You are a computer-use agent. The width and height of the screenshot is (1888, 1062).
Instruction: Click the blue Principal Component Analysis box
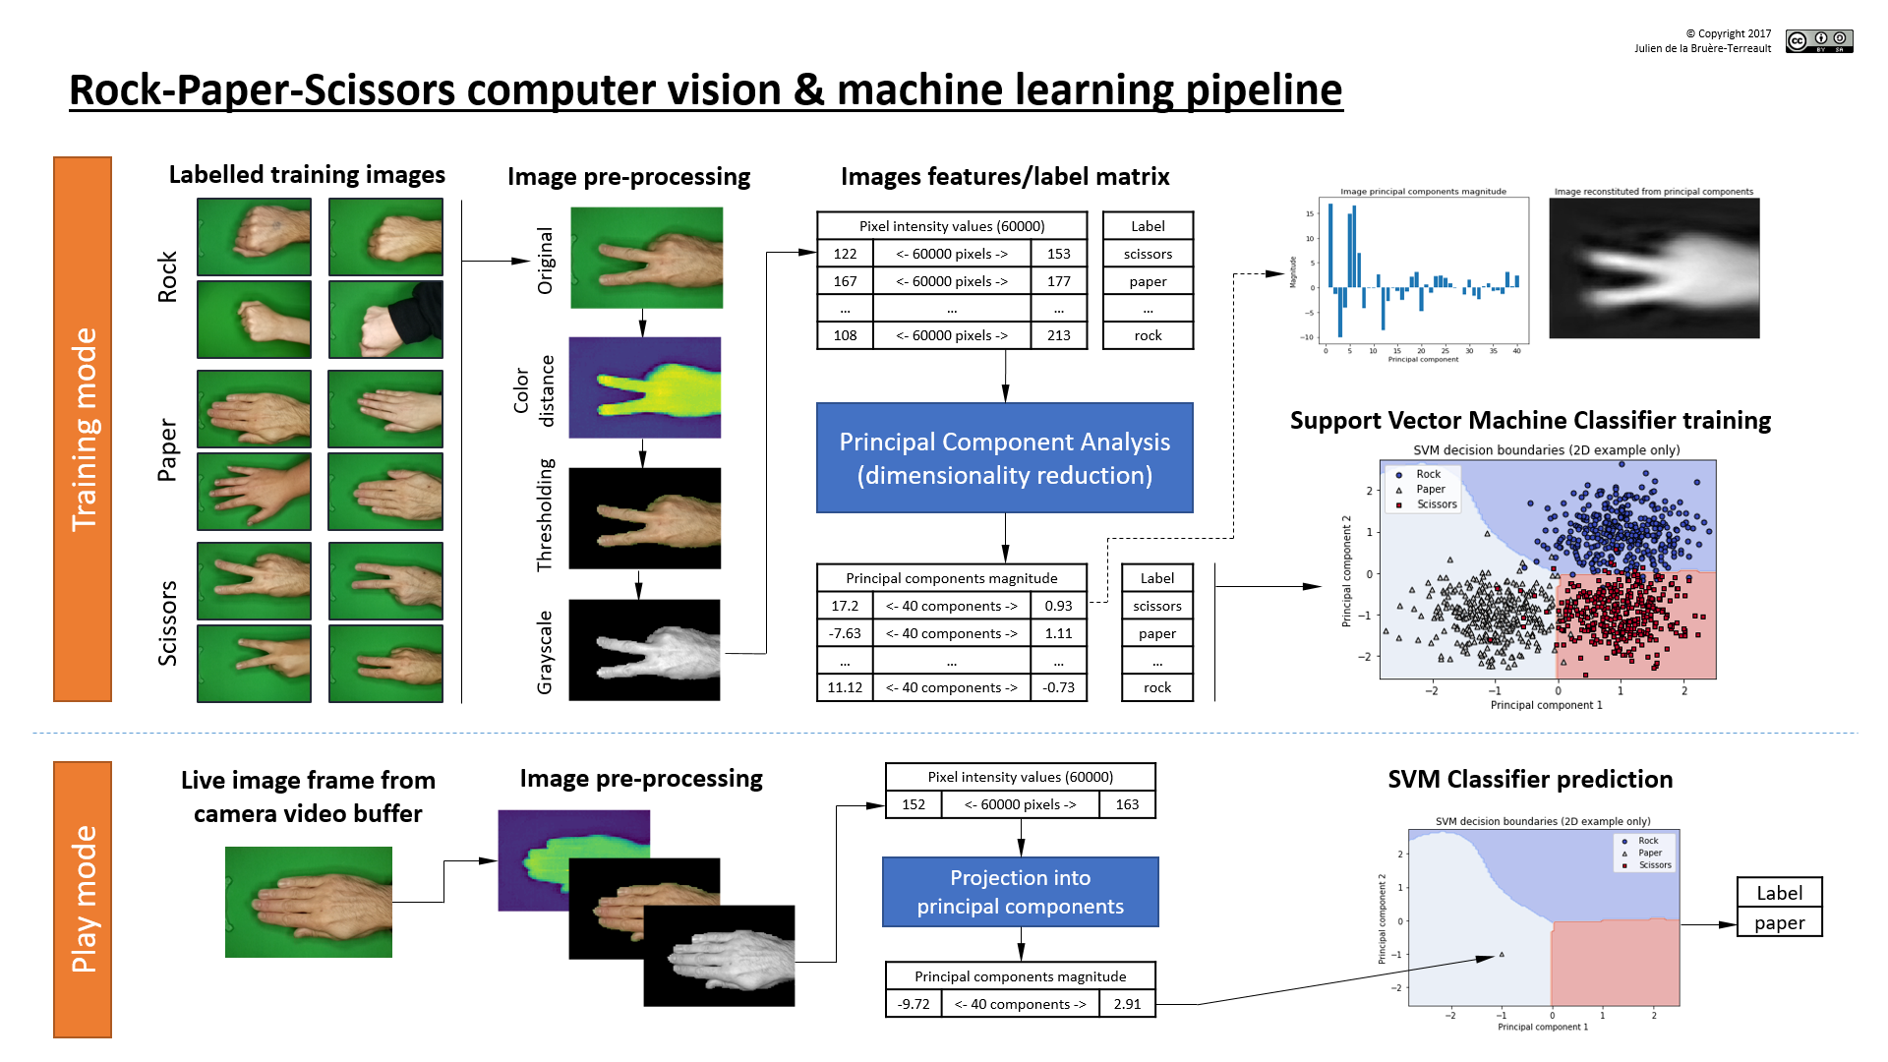[1004, 457]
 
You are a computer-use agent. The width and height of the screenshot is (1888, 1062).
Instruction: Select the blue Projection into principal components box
[1020, 892]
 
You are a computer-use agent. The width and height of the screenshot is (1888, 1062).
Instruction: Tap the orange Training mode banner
[83, 429]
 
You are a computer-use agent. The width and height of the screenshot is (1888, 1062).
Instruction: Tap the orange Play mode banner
[83, 899]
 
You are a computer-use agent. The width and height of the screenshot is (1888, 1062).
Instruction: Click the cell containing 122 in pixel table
[845, 254]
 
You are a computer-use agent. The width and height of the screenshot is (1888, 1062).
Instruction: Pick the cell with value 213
[1058, 335]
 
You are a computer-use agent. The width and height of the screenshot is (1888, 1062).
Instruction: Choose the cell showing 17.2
[845, 606]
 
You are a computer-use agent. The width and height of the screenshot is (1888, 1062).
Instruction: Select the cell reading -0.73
[1058, 687]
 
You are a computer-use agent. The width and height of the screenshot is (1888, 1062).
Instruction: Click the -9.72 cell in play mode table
[913, 1004]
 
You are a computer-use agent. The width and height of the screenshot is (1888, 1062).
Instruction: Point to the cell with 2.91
[1127, 1004]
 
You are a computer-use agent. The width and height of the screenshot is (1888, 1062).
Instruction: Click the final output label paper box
[1779, 922]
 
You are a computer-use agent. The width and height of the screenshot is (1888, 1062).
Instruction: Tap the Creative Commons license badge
[1819, 40]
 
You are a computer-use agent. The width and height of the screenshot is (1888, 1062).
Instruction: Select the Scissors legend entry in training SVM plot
[1436, 504]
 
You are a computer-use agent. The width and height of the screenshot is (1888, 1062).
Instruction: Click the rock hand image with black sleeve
[385, 320]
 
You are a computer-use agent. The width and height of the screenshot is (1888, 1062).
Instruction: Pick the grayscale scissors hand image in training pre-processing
[644, 650]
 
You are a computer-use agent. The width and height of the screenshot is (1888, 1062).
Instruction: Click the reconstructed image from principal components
[1654, 268]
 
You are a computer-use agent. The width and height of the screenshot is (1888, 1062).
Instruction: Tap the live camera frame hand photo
[309, 902]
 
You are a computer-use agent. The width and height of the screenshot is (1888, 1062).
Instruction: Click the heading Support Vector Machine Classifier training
[1530, 421]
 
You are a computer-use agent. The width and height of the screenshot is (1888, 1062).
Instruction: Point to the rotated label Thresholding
[545, 515]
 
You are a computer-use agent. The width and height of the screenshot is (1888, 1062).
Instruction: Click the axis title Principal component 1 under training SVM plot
[1546, 705]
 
